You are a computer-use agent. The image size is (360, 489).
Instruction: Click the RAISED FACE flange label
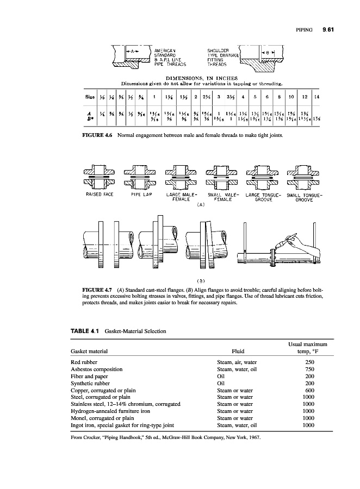coord(99,193)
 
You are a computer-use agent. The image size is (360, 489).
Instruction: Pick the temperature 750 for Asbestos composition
coord(309,369)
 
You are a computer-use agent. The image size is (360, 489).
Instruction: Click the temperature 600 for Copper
coord(309,390)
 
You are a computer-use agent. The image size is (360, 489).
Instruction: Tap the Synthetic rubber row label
coord(89,383)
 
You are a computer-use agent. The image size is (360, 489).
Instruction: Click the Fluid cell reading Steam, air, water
coord(237,362)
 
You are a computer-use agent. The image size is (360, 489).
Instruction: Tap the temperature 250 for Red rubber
coord(309,362)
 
